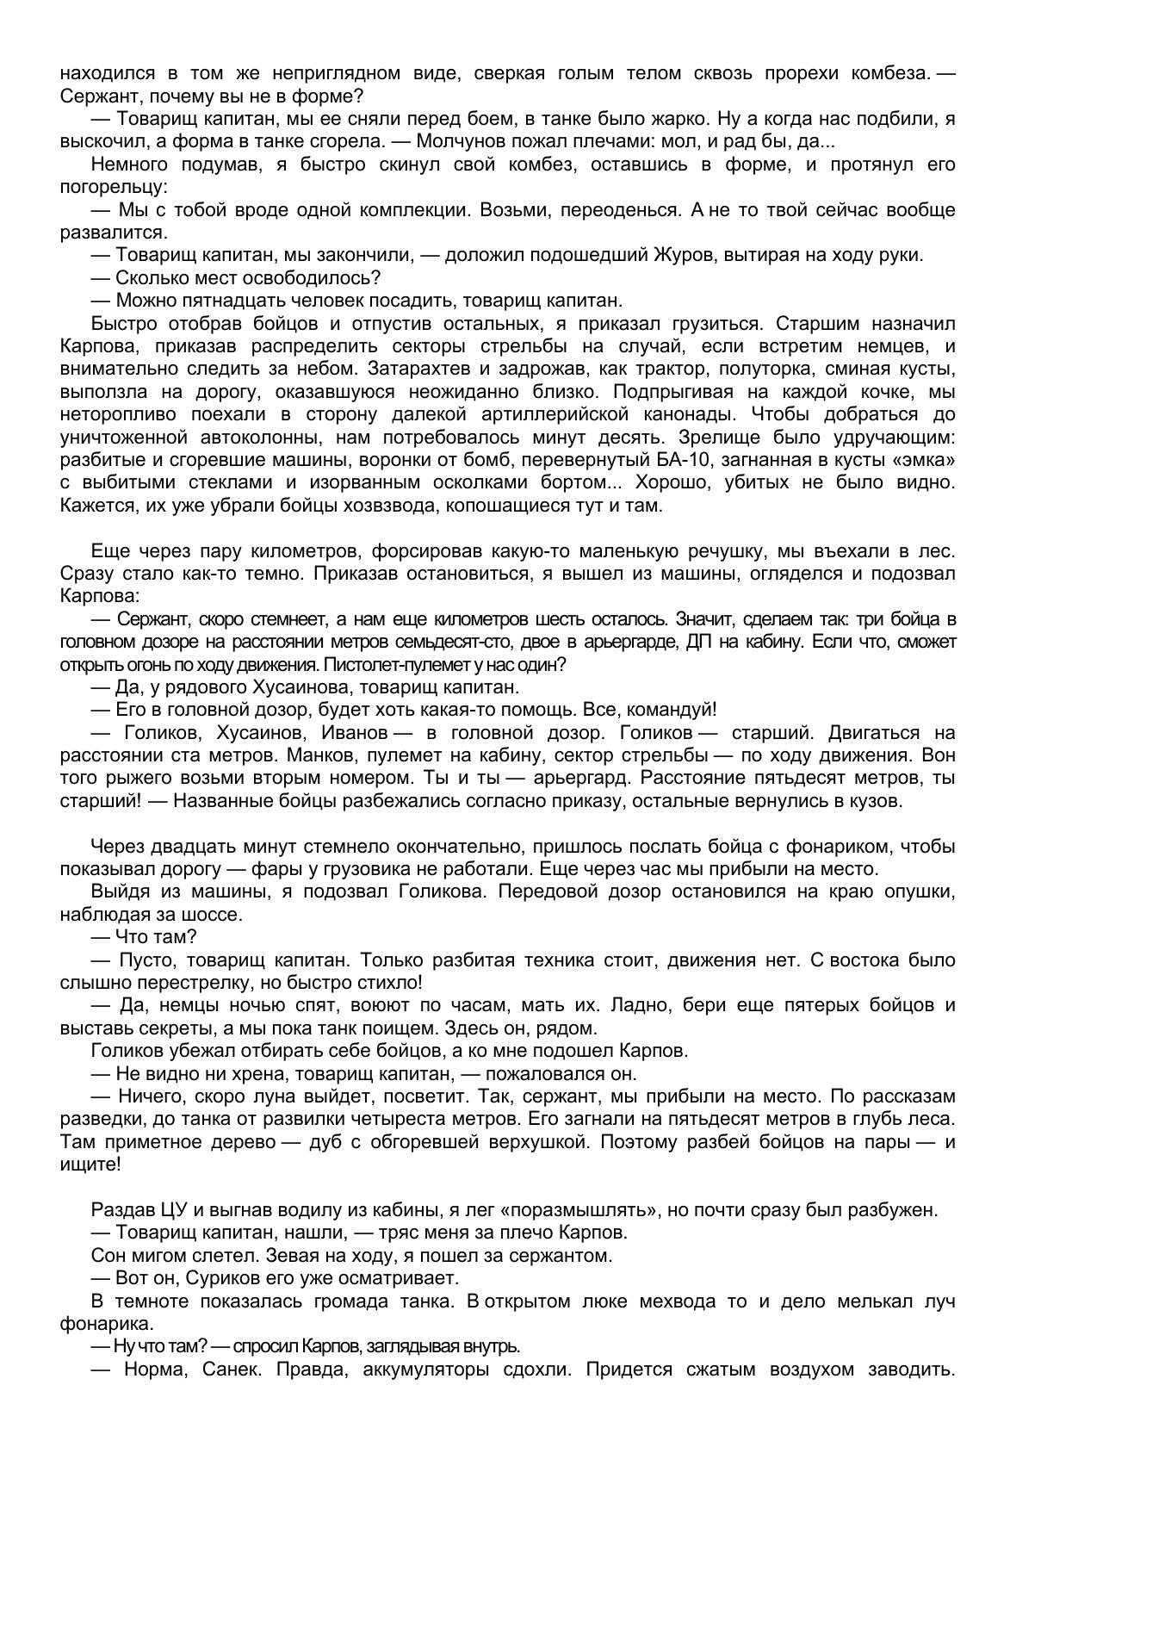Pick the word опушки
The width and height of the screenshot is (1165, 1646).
pos(920,891)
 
